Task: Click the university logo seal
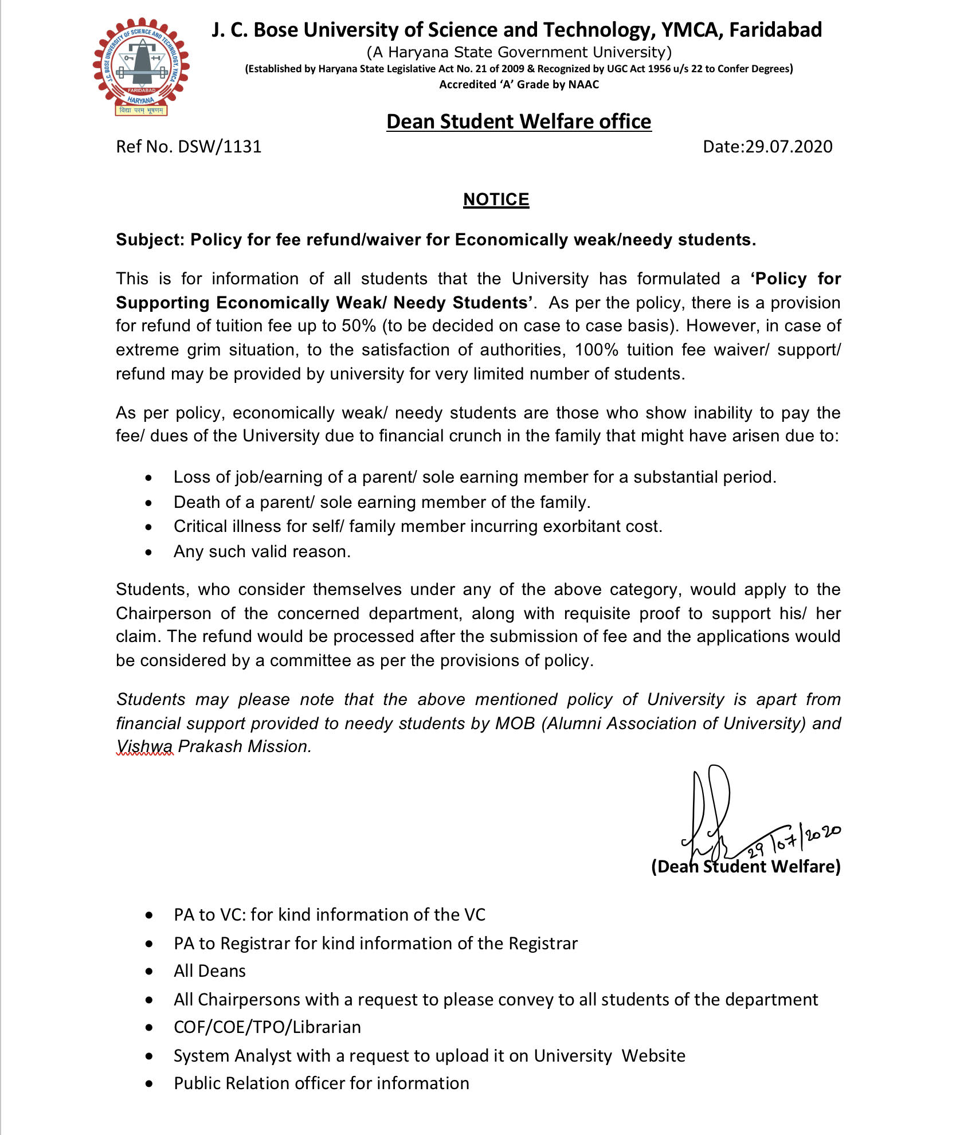click(x=141, y=67)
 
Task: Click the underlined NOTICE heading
click(x=496, y=199)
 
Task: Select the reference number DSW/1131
click(x=220, y=147)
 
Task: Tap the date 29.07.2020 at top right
click(x=789, y=147)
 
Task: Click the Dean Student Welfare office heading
click(x=519, y=122)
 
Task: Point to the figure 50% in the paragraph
click(x=359, y=326)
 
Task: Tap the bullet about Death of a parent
click(x=382, y=502)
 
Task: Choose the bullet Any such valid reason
click(x=262, y=551)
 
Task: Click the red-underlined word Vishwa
click(x=144, y=746)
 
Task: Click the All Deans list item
click(x=210, y=971)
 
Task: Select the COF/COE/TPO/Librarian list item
click(x=267, y=1027)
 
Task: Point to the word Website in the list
click(x=653, y=1056)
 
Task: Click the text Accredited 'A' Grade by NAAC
click(x=519, y=85)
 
